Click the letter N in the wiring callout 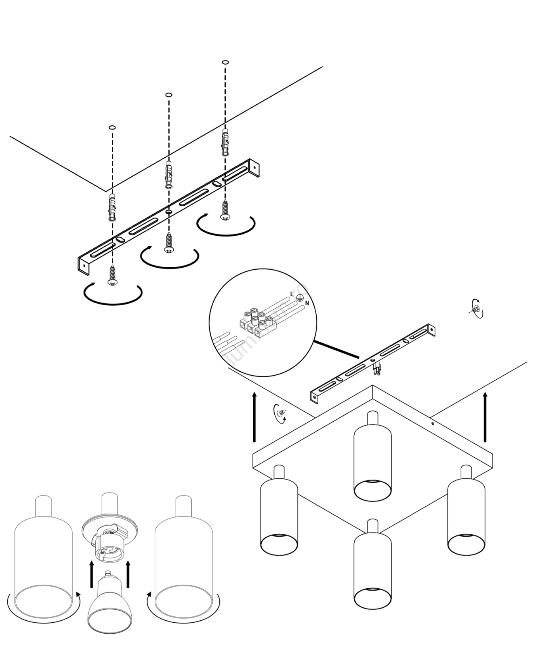(307, 303)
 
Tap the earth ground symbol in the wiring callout (300, 298)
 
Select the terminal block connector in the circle (256, 322)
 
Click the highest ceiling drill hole (225, 62)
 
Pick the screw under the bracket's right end (225, 211)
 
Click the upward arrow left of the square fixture (254, 417)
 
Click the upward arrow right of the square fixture (485, 417)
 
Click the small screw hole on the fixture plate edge (432, 424)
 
